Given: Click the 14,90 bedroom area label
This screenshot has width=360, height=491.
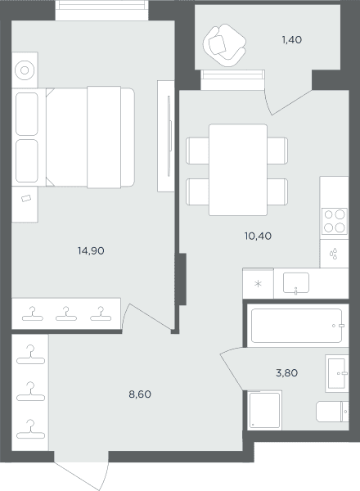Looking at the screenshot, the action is click(91, 251).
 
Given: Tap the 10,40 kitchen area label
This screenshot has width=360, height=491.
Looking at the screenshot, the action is click(258, 236).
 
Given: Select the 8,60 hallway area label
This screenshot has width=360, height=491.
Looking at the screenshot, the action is click(140, 394).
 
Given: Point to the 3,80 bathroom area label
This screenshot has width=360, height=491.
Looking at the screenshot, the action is click(286, 373).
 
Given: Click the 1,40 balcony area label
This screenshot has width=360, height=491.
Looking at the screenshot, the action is click(292, 40).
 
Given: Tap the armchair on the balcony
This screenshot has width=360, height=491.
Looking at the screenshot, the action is click(224, 45).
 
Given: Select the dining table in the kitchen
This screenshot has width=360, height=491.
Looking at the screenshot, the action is click(238, 169).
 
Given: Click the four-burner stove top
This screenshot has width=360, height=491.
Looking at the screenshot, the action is click(335, 221).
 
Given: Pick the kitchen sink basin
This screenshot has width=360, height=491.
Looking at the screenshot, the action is click(296, 283).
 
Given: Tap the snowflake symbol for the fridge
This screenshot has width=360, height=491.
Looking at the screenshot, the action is click(258, 284).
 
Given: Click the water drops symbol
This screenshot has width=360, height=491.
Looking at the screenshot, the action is click(334, 254).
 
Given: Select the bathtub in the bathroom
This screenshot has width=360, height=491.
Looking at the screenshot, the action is click(296, 326).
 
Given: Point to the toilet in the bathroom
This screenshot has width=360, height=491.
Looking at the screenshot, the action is click(332, 412).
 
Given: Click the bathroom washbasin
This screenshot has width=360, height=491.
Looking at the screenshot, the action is click(337, 373).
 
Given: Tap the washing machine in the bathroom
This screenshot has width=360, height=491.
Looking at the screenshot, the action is click(264, 410).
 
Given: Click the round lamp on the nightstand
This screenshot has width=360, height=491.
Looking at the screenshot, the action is click(25, 70).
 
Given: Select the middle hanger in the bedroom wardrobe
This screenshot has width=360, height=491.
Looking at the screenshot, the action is click(66, 314).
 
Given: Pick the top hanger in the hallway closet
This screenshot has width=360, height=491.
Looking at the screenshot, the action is click(30, 355).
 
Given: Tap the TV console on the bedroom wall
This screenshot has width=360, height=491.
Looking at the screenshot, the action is click(165, 136).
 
